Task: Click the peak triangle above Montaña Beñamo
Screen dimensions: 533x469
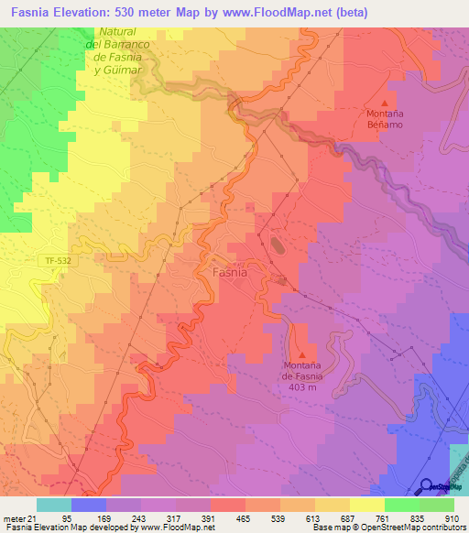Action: tap(384, 103)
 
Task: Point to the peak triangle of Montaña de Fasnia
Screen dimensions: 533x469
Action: tap(303, 354)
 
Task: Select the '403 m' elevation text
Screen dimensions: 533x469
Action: tap(303, 386)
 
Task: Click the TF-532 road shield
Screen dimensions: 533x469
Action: tap(57, 261)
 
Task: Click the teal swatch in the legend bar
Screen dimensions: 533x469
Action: tap(54, 506)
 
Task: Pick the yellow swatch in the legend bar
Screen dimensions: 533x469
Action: tap(366, 506)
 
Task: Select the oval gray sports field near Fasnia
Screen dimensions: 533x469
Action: tap(276, 245)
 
